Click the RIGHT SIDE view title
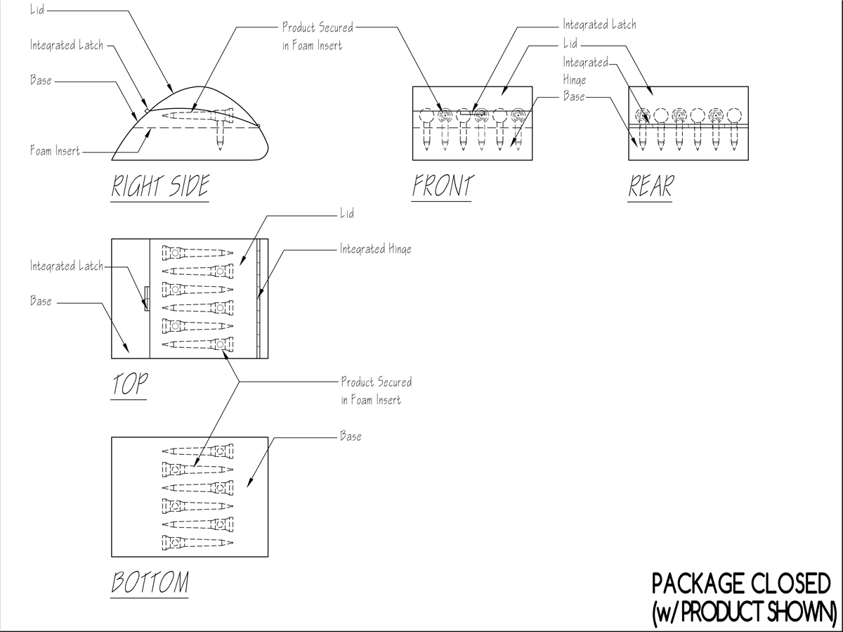(160, 186)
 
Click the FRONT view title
(443, 186)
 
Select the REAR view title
(651, 186)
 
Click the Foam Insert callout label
(55, 150)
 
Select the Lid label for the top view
(348, 213)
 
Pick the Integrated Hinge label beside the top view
(376, 249)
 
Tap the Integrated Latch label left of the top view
(66, 266)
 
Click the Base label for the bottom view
(351, 437)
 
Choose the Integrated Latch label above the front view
(599, 25)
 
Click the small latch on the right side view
(145, 110)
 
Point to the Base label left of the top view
(41, 302)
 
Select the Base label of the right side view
(41, 80)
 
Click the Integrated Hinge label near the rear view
(584, 70)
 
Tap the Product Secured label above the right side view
(318, 37)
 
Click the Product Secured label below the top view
(377, 391)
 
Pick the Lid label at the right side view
(37, 11)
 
